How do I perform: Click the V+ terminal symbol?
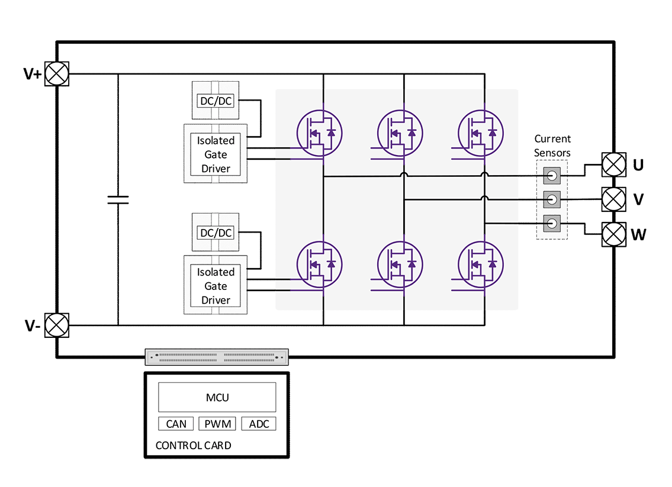pos(57,74)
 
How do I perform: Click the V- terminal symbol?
pos(57,325)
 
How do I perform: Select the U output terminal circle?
pos(613,164)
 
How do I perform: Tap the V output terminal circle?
pos(613,199)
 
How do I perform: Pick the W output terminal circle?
pos(613,234)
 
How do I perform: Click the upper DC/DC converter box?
pos(216,101)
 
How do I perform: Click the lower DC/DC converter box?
pos(216,233)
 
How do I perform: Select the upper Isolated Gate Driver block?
pos(216,154)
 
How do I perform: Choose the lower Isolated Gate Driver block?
pos(216,286)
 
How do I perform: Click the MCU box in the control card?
pos(217,397)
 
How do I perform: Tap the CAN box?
pos(176,424)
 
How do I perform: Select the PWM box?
pos(217,424)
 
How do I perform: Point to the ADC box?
pos(259,424)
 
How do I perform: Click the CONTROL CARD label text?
pos(193,445)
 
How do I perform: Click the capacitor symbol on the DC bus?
pos(118,199)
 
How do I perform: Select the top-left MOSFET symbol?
pos(319,133)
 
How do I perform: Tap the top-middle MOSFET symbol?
pos(400,133)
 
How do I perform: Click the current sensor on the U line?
pos(551,176)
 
